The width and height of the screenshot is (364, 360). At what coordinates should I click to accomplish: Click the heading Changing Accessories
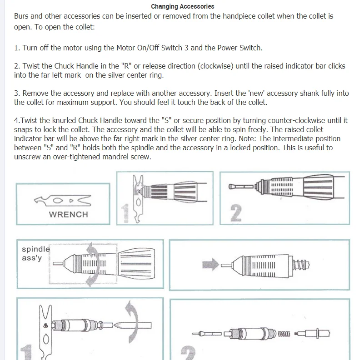pos(182,6)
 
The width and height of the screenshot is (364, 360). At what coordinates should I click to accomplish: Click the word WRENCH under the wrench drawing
pos(68,214)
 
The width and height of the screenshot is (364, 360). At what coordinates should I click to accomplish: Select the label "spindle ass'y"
pos(35,254)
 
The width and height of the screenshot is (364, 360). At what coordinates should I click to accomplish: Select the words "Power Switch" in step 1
pos(240,48)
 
